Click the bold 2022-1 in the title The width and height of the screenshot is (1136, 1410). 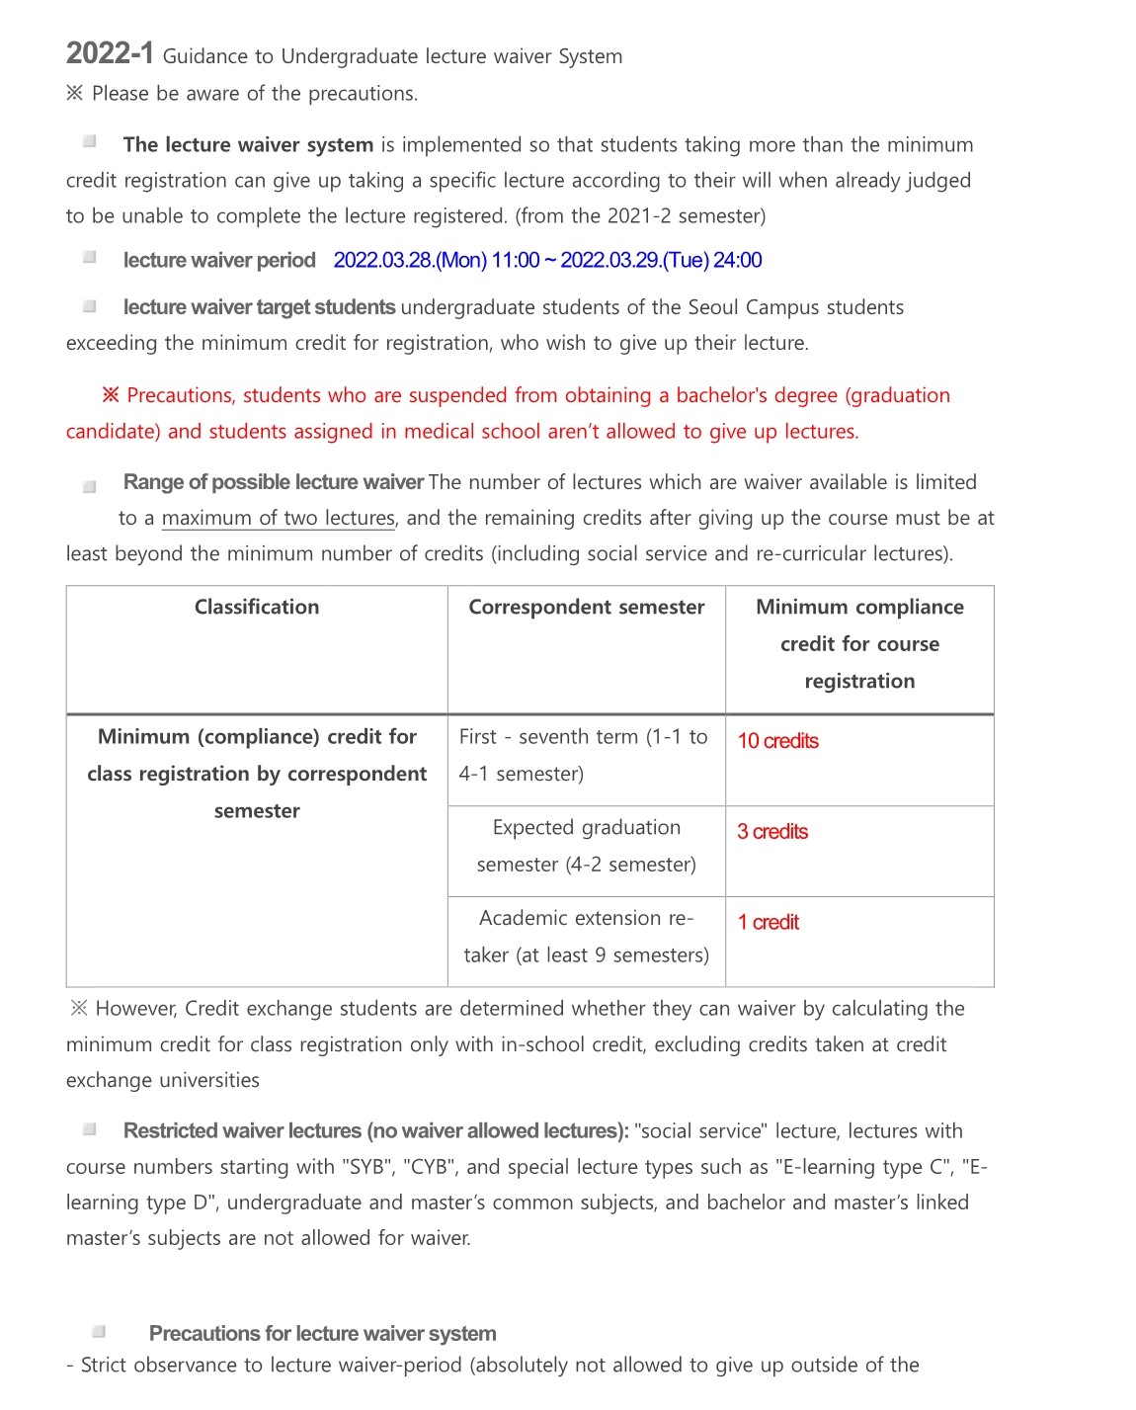click(x=110, y=53)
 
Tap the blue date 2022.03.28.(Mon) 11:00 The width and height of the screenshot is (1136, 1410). click(x=437, y=261)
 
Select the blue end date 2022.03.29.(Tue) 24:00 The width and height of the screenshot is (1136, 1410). click(x=661, y=261)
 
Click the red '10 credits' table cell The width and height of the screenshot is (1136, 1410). click(x=778, y=741)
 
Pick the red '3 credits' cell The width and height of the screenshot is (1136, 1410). click(x=772, y=832)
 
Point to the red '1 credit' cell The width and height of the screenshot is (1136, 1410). click(x=769, y=923)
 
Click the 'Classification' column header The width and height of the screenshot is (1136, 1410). click(x=257, y=608)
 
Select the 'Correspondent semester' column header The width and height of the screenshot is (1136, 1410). click(x=587, y=608)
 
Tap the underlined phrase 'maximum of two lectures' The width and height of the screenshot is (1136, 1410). click(x=279, y=519)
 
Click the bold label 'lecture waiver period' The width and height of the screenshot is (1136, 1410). click(x=219, y=261)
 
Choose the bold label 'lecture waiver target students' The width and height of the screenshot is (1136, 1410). click(x=259, y=308)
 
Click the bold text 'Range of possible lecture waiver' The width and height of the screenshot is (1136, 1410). click(x=274, y=483)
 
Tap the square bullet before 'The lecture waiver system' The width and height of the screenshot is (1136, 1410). click(x=90, y=142)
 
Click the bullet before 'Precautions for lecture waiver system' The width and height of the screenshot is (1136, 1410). click(x=99, y=1332)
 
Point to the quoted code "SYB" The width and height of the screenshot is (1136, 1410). click(x=367, y=1168)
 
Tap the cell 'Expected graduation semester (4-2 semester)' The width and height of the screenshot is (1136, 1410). click(x=587, y=847)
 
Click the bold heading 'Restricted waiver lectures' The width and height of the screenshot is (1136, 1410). click(x=243, y=1131)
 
